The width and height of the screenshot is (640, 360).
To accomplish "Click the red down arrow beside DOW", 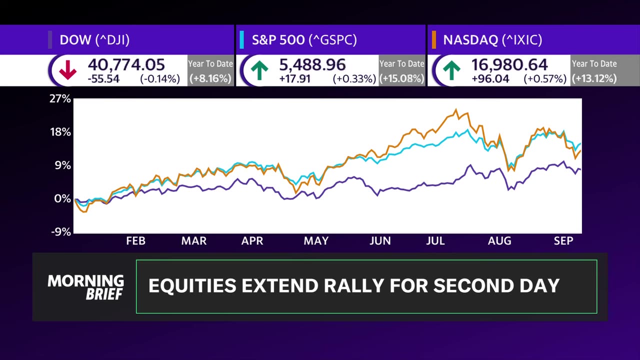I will point(67,71).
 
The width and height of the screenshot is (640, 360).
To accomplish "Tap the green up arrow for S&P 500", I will point(259,71).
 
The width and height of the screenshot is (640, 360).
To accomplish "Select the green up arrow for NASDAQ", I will point(451,71).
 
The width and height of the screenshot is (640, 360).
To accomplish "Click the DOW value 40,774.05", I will point(126,64).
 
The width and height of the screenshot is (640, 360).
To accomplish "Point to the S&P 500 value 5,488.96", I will point(313,64).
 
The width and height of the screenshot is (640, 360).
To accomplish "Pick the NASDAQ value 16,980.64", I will point(509,64).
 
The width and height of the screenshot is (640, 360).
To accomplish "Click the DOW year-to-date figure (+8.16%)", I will point(210,78).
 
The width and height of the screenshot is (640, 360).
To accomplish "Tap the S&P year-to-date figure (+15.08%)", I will point(402,78).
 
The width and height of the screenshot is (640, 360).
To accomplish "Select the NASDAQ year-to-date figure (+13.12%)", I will point(594,78).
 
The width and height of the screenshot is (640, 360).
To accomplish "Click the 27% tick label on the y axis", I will point(60,99).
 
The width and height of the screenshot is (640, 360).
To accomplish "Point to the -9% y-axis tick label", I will point(60,232).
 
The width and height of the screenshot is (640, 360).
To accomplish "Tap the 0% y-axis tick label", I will point(62,198).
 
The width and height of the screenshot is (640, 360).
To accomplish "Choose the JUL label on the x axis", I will point(435,241).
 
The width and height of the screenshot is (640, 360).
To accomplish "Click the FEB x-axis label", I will point(135,241).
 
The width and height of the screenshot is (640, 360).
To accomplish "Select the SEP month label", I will point(563,241).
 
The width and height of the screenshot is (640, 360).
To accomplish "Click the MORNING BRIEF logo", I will point(85,287).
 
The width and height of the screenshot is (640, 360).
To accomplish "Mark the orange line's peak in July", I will point(456,110).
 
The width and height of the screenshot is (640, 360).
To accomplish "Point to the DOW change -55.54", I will point(103,78).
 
